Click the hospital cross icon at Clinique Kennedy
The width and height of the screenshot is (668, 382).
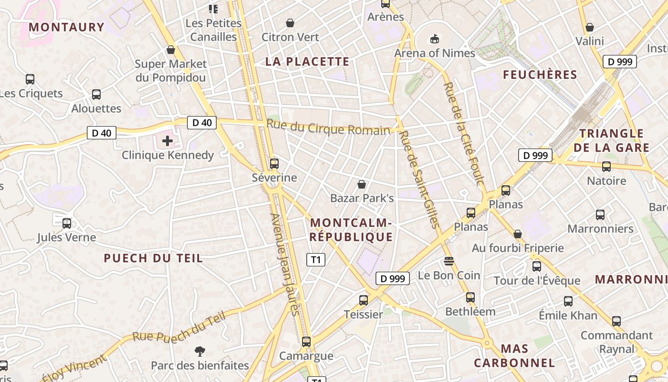167,141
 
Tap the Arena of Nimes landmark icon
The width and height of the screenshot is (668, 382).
434,39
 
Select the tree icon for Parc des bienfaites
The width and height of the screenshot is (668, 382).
200,352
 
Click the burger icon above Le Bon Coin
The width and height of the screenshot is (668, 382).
449,261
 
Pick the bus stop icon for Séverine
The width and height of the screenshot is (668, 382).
274,164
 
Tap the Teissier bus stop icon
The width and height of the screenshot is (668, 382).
364,300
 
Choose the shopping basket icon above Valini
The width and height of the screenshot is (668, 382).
590,27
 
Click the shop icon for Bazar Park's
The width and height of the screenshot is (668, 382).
362,184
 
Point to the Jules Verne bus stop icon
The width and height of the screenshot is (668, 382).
67,223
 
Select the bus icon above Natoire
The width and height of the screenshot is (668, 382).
606,167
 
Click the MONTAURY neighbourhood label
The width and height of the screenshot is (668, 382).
66,27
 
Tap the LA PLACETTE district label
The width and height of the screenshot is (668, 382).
307,62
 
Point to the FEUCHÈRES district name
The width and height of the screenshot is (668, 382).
540,75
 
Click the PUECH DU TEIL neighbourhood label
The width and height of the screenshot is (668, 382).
153,258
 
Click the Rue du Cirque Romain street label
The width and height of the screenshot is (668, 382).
328,128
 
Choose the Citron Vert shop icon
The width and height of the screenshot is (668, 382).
290,23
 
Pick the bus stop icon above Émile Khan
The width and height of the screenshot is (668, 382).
568,301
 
